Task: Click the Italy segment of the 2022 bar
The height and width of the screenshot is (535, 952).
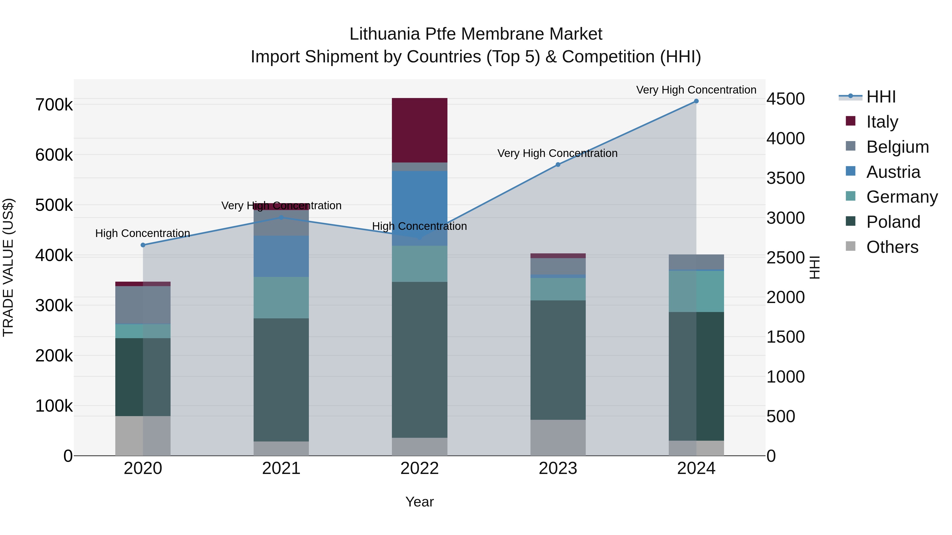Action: tap(419, 130)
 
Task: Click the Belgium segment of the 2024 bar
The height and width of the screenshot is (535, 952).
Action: tap(696, 262)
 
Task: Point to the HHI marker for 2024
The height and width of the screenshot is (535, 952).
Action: tap(696, 101)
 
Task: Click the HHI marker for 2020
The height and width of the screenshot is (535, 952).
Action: tap(143, 245)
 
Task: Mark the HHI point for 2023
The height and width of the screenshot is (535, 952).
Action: tap(558, 165)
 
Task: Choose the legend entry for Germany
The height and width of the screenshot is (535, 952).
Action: tap(902, 197)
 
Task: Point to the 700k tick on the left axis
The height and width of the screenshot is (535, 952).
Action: tap(54, 105)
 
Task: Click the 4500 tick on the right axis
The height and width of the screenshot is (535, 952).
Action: tap(785, 99)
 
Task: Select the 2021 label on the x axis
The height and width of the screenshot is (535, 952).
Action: tap(281, 468)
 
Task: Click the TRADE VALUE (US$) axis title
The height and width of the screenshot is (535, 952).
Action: tap(8, 267)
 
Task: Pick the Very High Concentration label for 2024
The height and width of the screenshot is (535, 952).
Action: tap(696, 90)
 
